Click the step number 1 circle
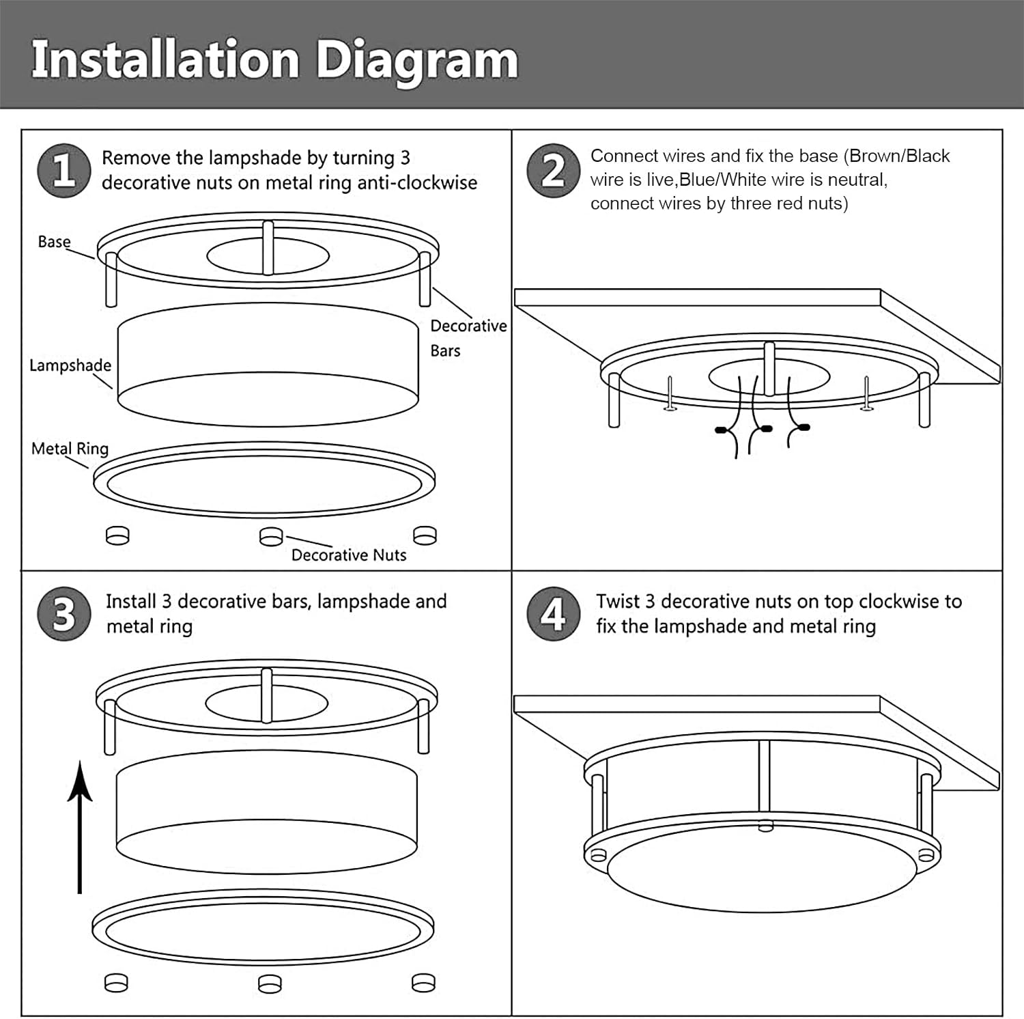[63, 171]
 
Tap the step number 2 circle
[553, 171]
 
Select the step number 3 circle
[63, 614]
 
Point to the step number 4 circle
[553, 614]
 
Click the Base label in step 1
[54, 242]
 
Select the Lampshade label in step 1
[70, 365]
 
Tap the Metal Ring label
[70, 449]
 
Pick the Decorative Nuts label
[348, 555]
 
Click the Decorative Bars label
[468, 338]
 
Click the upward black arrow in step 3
[80, 826]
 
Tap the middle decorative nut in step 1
[271, 537]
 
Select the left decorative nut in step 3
[116, 983]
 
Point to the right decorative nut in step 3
[424, 983]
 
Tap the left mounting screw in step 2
[670, 395]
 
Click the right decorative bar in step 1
[425, 279]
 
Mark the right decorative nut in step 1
[425, 536]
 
